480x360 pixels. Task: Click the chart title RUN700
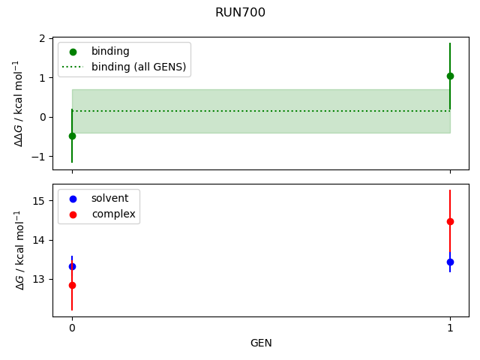tap(240, 13)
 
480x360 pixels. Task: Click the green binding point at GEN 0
tap(72, 136)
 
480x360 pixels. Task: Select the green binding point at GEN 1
tap(450, 76)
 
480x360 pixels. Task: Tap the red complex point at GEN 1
tap(450, 221)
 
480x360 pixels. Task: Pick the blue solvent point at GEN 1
tap(450, 262)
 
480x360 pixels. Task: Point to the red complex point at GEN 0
tap(72, 285)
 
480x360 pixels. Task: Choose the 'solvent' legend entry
tap(109, 199)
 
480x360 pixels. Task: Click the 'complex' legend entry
tap(113, 214)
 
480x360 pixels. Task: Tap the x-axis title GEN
tap(261, 343)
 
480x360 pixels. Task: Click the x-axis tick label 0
tap(72, 328)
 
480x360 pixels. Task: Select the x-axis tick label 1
tap(450, 328)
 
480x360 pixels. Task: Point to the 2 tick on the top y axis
tap(42, 38)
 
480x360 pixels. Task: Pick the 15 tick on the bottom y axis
tap(39, 200)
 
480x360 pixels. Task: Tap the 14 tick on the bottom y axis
tap(39, 240)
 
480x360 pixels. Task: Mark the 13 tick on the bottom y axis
tap(39, 280)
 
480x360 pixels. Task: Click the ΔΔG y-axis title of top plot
tap(19, 103)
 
